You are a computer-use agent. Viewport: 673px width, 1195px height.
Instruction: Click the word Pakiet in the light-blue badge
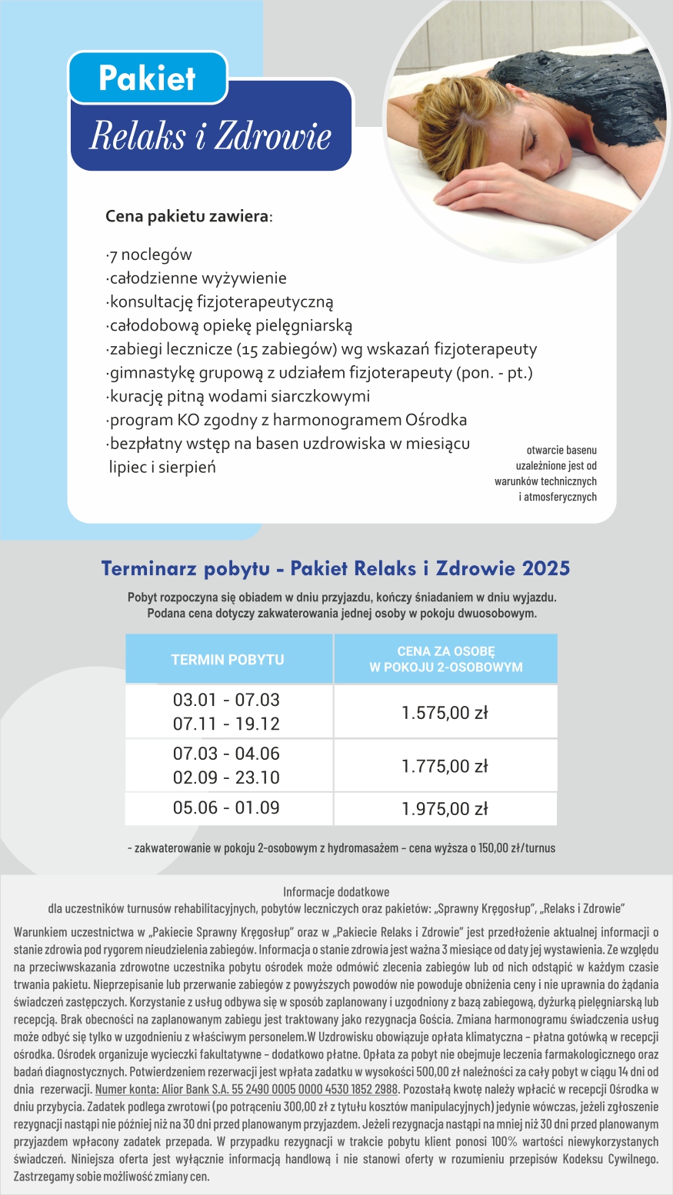pos(147,78)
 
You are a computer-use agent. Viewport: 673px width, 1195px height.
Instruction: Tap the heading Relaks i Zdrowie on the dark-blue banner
pos(210,137)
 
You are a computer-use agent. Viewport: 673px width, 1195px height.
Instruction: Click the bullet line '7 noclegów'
pos(149,255)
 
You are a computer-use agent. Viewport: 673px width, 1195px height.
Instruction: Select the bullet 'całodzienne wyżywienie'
pos(196,278)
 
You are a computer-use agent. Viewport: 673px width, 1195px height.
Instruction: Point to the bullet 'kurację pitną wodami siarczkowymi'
pos(238,397)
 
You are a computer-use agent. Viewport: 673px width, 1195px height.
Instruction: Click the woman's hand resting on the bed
pos(492,181)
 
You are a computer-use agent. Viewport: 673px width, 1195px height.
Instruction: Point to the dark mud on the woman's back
pos(585,85)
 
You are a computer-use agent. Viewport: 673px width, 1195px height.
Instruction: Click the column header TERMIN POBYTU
pos(228,660)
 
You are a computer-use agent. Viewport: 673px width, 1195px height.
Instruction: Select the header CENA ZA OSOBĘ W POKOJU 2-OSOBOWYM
pos(446,660)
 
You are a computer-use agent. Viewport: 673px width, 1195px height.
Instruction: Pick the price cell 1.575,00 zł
pos(445,713)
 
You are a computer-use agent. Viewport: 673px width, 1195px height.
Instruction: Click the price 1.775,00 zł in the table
pos(445,767)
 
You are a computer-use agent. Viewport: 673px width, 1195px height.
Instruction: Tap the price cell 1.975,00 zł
pos(445,809)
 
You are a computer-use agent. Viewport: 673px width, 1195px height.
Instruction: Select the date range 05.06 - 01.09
pos(226,808)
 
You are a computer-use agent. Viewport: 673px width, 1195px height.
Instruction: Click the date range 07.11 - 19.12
pos(226,724)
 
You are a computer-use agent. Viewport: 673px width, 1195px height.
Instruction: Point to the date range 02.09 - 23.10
pos(226,778)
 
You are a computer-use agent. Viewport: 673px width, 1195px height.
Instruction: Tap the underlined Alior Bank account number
pos(246,1089)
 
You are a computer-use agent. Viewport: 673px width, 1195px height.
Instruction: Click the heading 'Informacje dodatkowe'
pos(336,893)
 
